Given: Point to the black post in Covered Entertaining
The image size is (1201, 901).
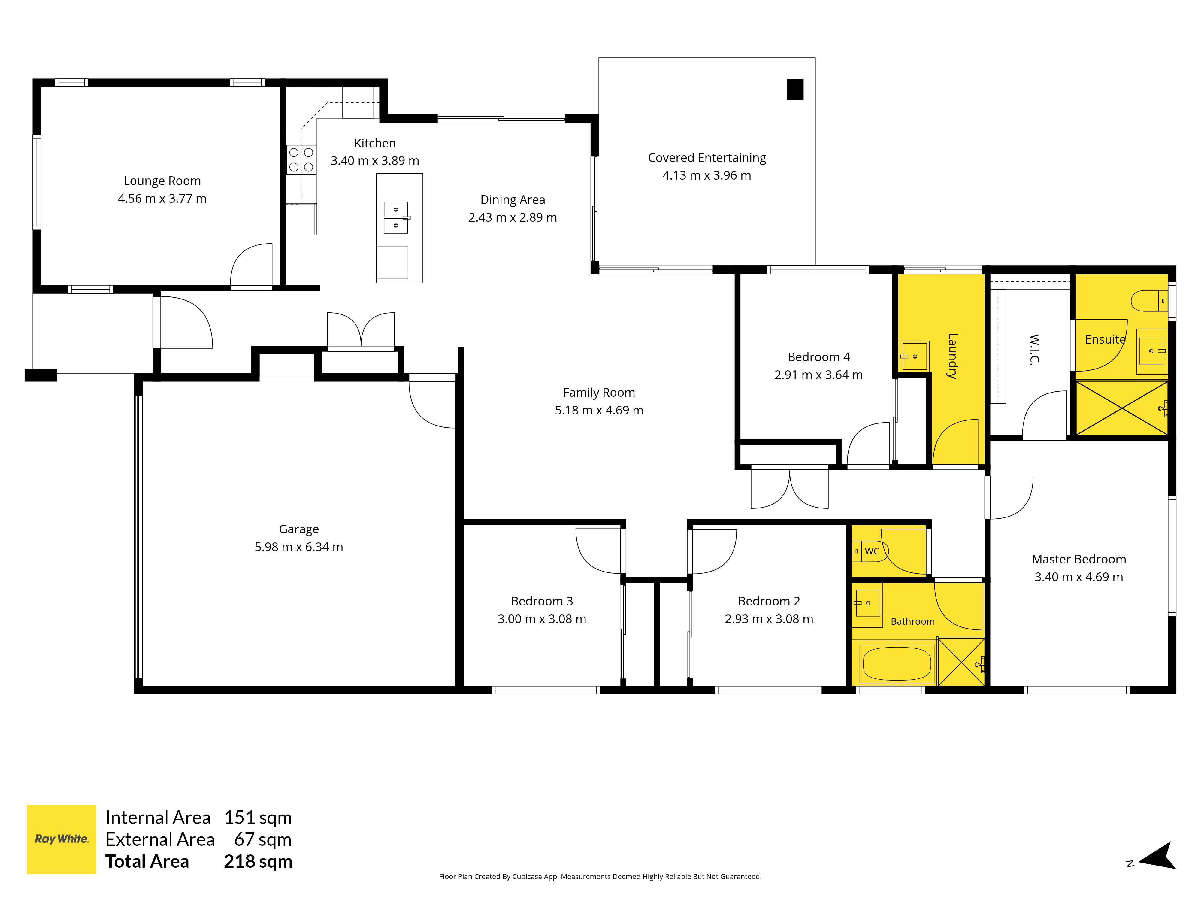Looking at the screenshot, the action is click(795, 89).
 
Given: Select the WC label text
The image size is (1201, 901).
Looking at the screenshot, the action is click(872, 551).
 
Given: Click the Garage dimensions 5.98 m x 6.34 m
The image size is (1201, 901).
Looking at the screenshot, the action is click(299, 547).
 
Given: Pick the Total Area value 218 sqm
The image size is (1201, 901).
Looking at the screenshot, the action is click(259, 861).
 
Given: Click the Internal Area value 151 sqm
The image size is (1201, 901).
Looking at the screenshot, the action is click(259, 818).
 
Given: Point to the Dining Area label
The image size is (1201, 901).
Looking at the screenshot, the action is click(513, 200).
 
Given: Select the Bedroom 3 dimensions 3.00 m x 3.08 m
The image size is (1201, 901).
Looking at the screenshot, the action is click(542, 619).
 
